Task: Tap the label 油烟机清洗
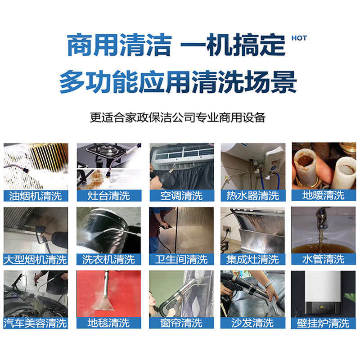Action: pyautogui.click(x=36, y=196)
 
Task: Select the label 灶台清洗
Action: pyautogui.click(x=108, y=196)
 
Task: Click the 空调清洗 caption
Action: pyautogui.click(x=181, y=196)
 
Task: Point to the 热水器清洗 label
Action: pyautogui.click(x=253, y=196)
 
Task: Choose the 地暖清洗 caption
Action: pyautogui.click(x=324, y=195)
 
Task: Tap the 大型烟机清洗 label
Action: pyautogui.click(x=36, y=260)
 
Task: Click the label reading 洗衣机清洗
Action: pyautogui.click(x=108, y=260)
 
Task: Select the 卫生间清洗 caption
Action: pyautogui.click(x=181, y=260)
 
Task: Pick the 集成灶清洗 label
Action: pyautogui.click(x=253, y=260)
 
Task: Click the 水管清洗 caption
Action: pyautogui.click(x=324, y=259)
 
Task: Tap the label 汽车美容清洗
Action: pyautogui.click(x=36, y=323)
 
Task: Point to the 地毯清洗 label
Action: pyautogui.click(x=108, y=323)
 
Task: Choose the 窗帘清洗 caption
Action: pyautogui.click(x=181, y=323)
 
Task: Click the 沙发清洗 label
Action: pyautogui.click(x=253, y=323)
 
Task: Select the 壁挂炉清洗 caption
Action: pyautogui.click(x=324, y=323)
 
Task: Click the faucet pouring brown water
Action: pyautogui.click(x=324, y=229)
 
